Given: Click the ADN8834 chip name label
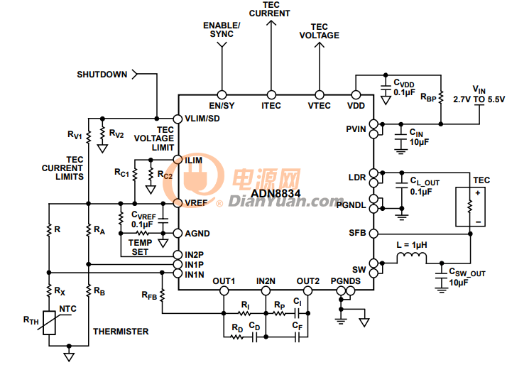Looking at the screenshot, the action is click(x=276, y=193).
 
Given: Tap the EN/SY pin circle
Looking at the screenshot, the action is click(x=222, y=94).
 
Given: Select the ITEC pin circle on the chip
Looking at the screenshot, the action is click(x=271, y=94).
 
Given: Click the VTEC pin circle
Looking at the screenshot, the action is click(x=320, y=94).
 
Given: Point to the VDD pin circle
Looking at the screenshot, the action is click(x=356, y=94).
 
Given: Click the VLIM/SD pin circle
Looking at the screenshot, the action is click(x=178, y=119).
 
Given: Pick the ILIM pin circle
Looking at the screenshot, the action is click(x=178, y=159).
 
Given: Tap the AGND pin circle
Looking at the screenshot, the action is click(x=178, y=233).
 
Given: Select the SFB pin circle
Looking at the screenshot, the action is click(x=374, y=234).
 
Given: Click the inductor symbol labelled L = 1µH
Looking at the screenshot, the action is click(x=412, y=258).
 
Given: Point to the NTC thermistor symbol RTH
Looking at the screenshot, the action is click(x=49, y=322).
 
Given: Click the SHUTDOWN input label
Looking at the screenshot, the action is click(x=102, y=75).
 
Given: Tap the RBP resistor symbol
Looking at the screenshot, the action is click(x=441, y=97).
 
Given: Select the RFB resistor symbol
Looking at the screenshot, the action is click(x=163, y=295).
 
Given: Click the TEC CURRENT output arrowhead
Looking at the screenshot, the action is click(x=271, y=23).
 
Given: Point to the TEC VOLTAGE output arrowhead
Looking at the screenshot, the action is click(x=320, y=45).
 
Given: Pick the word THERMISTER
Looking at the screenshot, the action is click(x=121, y=332).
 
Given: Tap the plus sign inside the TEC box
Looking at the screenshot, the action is click(x=478, y=193).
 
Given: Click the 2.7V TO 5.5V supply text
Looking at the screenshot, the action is click(x=479, y=99).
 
